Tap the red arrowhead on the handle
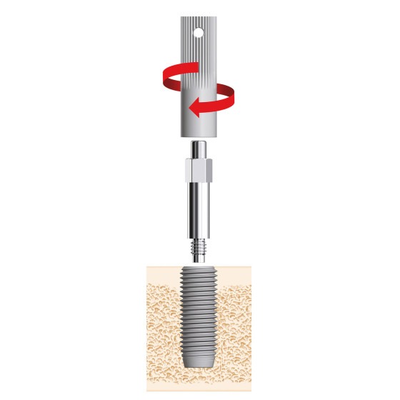point(194,109)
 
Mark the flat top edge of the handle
point(200,18)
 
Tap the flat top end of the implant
point(200,269)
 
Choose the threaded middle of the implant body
point(200,314)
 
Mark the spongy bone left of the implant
point(163,321)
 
